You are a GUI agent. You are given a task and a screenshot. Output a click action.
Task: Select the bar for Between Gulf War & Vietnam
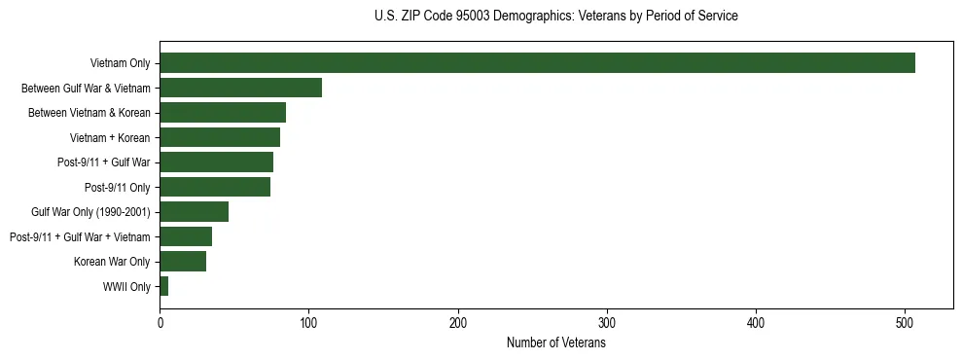(240, 88)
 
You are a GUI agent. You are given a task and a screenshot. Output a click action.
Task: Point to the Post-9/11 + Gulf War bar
(216, 162)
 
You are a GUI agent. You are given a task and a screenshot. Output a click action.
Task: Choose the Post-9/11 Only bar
(215, 187)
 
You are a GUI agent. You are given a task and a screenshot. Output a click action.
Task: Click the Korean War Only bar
(183, 261)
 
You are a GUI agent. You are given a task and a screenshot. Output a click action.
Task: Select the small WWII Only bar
(163, 286)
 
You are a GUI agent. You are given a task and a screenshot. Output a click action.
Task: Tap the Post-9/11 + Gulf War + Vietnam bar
(186, 236)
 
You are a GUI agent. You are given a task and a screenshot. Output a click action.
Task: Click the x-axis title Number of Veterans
(555, 343)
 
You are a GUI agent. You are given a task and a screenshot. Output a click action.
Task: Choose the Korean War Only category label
(112, 261)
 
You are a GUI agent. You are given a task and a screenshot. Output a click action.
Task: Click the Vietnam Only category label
(120, 63)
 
